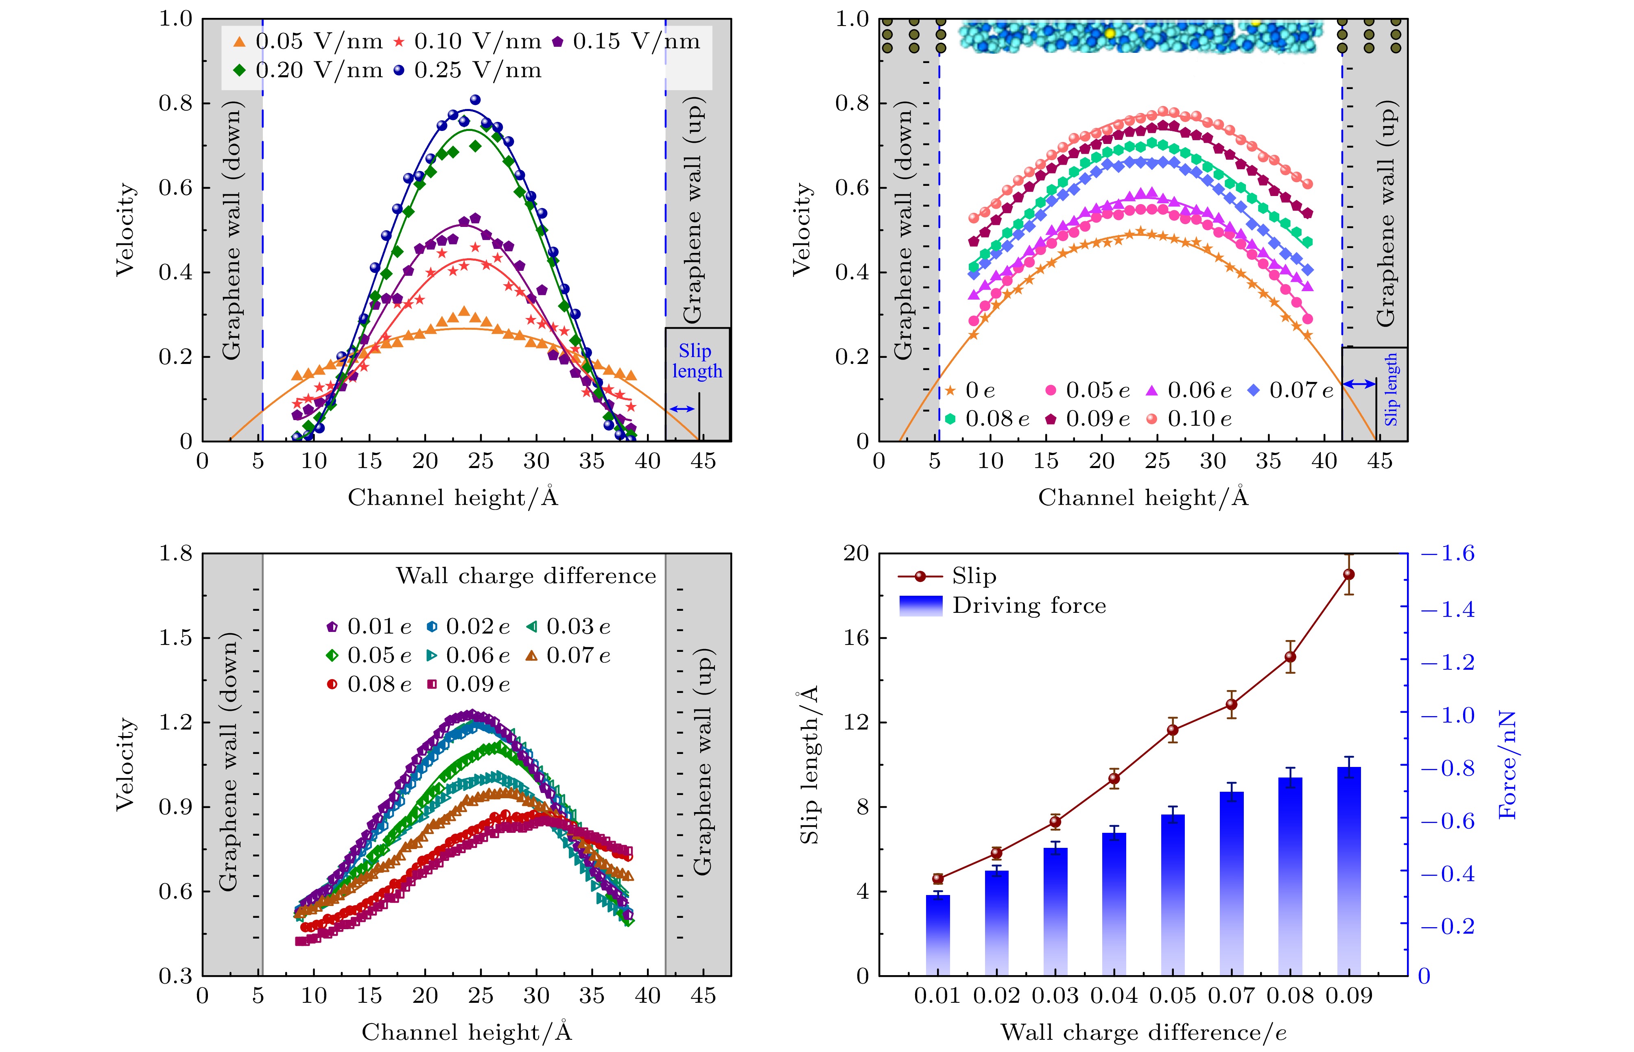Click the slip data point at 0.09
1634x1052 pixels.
[1348, 575]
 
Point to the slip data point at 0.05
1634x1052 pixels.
[1173, 730]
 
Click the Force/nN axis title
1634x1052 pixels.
[1507, 764]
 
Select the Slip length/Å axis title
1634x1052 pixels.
[809, 764]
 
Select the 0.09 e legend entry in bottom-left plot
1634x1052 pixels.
[468, 684]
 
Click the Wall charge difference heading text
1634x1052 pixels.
[526, 576]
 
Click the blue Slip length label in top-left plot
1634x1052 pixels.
[697, 361]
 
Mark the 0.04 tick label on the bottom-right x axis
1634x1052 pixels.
[1114, 995]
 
